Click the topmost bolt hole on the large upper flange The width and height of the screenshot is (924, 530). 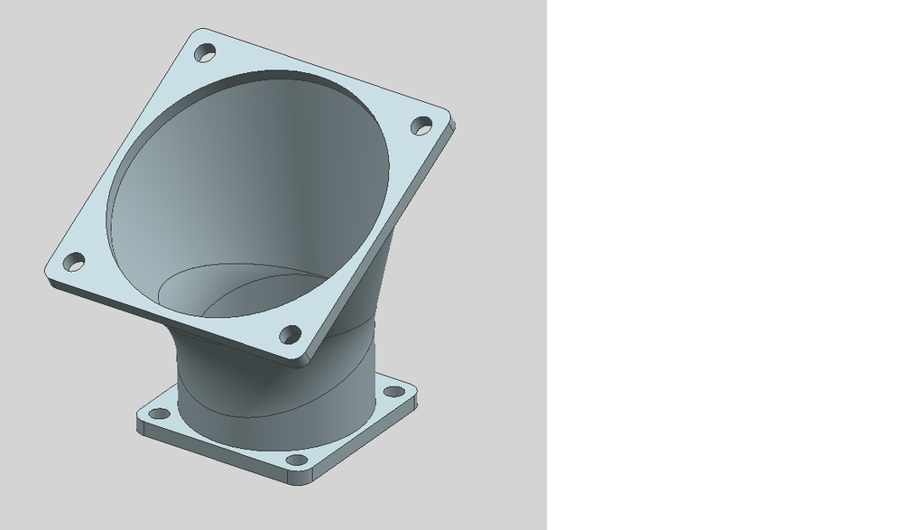206,53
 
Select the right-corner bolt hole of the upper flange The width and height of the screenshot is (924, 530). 421,126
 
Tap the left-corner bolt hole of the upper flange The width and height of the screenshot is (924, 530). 73,263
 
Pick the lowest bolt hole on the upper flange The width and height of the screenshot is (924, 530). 290,335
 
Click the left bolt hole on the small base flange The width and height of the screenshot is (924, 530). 159,414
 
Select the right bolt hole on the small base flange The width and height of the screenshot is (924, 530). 394,392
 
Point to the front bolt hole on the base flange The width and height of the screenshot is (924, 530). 297,461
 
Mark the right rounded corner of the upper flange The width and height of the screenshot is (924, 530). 446,117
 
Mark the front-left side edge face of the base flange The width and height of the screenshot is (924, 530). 217,455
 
